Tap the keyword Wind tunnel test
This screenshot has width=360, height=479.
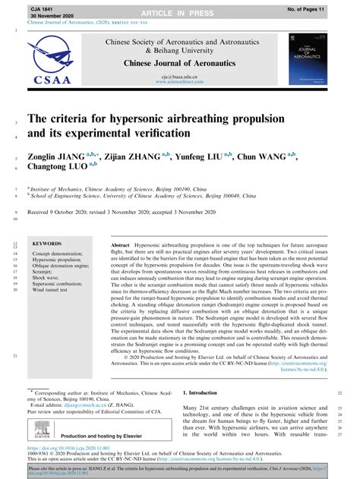(x=53, y=288)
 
